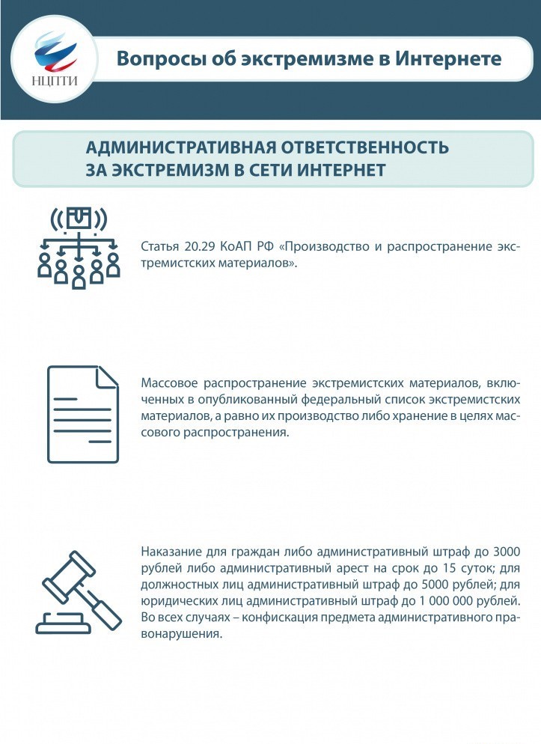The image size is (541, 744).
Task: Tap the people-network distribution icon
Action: point(79,247)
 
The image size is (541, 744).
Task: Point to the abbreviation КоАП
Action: point(233,248)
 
